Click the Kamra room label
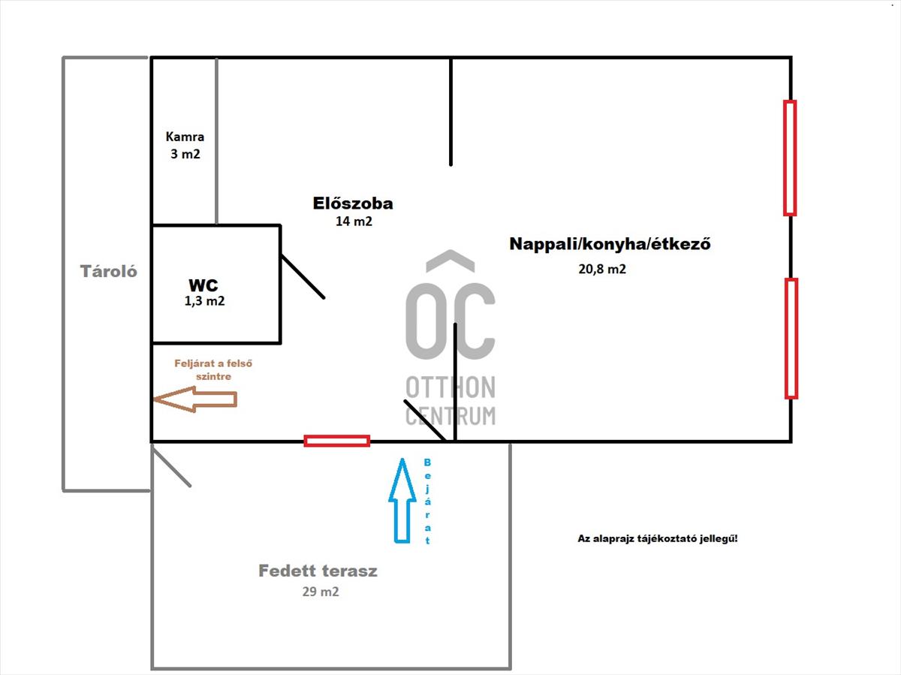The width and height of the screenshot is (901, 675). (x=185, y=137)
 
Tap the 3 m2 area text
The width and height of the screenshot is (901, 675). (x=185, y=154)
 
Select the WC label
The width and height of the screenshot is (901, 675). (x=203, y=285)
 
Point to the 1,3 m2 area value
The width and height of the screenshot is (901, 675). (x=204, y=301)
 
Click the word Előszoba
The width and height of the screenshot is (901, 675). (x=353, y=203)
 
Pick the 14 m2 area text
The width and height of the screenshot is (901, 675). (x=354, y=221)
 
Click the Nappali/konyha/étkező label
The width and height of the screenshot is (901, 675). (x=610, y=244)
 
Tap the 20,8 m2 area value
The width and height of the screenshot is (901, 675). (x=602, y=270)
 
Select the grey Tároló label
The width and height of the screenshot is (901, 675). (x=108, y=271)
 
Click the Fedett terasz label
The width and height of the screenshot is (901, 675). (x=318, y=571)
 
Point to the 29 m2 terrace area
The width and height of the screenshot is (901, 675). (x=321, y=592)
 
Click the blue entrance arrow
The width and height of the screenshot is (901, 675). (x=402, y=501)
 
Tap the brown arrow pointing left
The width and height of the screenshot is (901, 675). (x=195, y=399)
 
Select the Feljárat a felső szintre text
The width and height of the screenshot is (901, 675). (x=213, y=369)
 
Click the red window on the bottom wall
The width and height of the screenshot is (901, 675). (x=337, y=441)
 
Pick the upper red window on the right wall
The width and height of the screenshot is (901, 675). (x=790, y=158)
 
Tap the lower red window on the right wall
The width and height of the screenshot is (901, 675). (x=791, y=339)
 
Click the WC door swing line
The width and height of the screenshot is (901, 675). (x=303, y=276)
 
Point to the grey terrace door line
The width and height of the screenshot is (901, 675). (x=172, y=468)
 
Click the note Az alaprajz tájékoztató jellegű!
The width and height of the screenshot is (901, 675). (x=658, y=538)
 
